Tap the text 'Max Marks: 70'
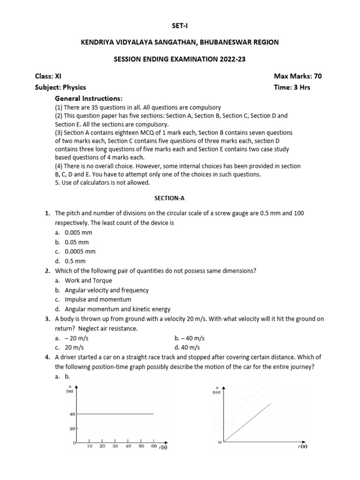pyautogui.click(x=298, y=76)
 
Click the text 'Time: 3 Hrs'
pyautogui.click(x=292, y=87)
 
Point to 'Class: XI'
pyautogui.click(x=48, y=76)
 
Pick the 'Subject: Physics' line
pyautogui.click(x=60, y=87)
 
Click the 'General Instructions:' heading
pyautogui.click(x=89, y=98)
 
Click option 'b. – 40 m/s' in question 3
pyautogui.click(x=189, y=338)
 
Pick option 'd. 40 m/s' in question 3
pyautogui.click(x=187, y=347)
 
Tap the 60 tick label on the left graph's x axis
pyautogui.click(x=154, y=447)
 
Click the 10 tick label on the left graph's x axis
pyautogui.click(x=89, y=447)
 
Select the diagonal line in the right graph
pyautogui.click(x=247, y=422)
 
